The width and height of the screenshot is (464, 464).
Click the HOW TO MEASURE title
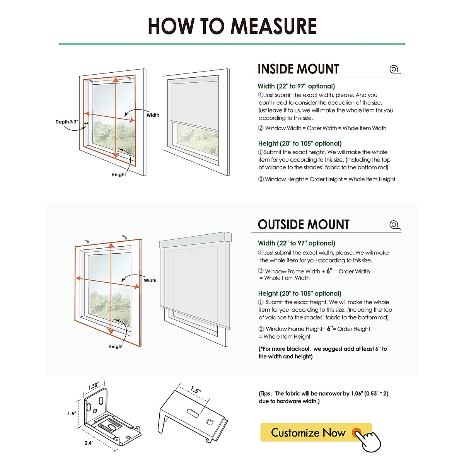point(232,26)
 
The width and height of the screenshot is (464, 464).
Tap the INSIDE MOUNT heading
point(298,69)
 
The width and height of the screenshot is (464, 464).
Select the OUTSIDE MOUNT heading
point(304,225)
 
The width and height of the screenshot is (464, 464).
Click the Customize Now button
point(308,433)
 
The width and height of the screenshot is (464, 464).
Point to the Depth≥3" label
point(67,122)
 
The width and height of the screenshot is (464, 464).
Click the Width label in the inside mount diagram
point(153,115)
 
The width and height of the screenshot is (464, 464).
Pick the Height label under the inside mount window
point(118,174)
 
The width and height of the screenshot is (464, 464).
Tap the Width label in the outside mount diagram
point(150,281)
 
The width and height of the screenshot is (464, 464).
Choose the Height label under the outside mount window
point(115,346)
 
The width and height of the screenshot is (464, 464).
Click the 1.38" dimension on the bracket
point(94,386)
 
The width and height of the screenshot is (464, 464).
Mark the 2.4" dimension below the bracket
point(89,443)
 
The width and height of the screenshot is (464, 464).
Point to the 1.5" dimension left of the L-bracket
point(72,413)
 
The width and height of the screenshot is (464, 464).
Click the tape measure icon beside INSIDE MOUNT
point(394,70)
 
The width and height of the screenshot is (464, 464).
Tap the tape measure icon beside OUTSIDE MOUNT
point(394,225)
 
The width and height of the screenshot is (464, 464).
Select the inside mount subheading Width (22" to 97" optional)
point(296,86)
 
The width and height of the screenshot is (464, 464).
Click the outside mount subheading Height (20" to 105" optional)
point(300,293)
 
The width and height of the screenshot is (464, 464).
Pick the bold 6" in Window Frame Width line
point(329,271)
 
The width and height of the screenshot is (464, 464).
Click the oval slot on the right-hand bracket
point(193,412)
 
